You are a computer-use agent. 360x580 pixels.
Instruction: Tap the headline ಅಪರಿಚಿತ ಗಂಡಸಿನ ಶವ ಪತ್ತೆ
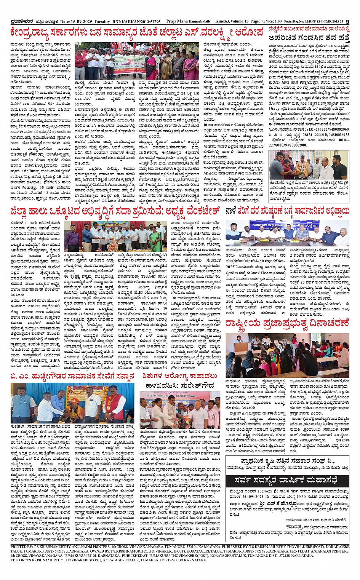click(x=309, y=38)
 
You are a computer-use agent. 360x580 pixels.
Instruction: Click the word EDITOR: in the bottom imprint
click(x=18, y=560)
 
